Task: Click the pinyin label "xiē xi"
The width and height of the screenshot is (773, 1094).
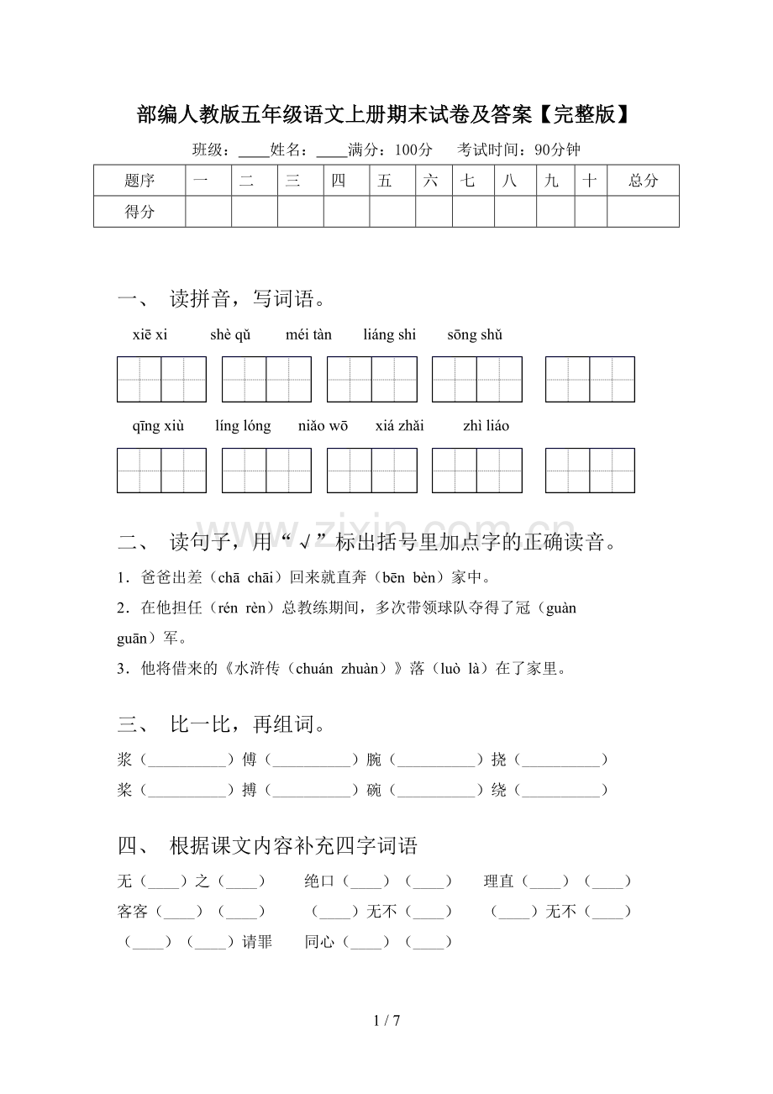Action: tap(150, 334)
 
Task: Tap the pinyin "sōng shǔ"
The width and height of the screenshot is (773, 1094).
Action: tap(475, 334)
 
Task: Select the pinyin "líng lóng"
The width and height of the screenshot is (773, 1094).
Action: tap(243, 426)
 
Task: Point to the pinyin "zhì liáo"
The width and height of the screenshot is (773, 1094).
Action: tap(486, 426)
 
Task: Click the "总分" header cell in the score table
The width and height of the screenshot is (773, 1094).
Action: tap(643, 181)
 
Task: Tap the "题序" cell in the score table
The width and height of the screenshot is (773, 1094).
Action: tap(139, 181)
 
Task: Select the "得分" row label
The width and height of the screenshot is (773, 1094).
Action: tap(139, 212)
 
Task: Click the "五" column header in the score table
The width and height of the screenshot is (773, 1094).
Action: tap(385, 181)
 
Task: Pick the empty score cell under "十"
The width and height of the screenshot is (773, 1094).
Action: tap(591, 212)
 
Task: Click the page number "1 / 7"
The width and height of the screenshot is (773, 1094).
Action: tap(386, 1021)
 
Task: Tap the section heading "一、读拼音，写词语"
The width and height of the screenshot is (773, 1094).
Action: tap(223, 298)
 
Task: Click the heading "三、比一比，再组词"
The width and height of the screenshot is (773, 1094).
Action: tap(223, 724)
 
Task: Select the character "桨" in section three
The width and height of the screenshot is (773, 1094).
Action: tap(125, 791)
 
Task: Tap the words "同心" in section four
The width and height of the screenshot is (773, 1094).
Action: tap(320, 943)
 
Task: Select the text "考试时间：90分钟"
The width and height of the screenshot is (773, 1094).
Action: tap(518, 150)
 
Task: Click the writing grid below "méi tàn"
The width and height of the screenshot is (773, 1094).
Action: tap(371, 380)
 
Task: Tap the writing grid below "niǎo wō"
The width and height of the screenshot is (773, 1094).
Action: tap(371, 471)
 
